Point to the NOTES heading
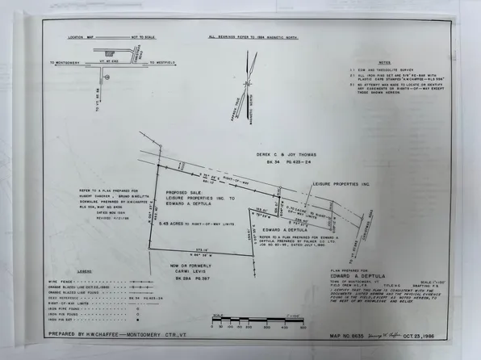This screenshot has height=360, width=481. [384, 61]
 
